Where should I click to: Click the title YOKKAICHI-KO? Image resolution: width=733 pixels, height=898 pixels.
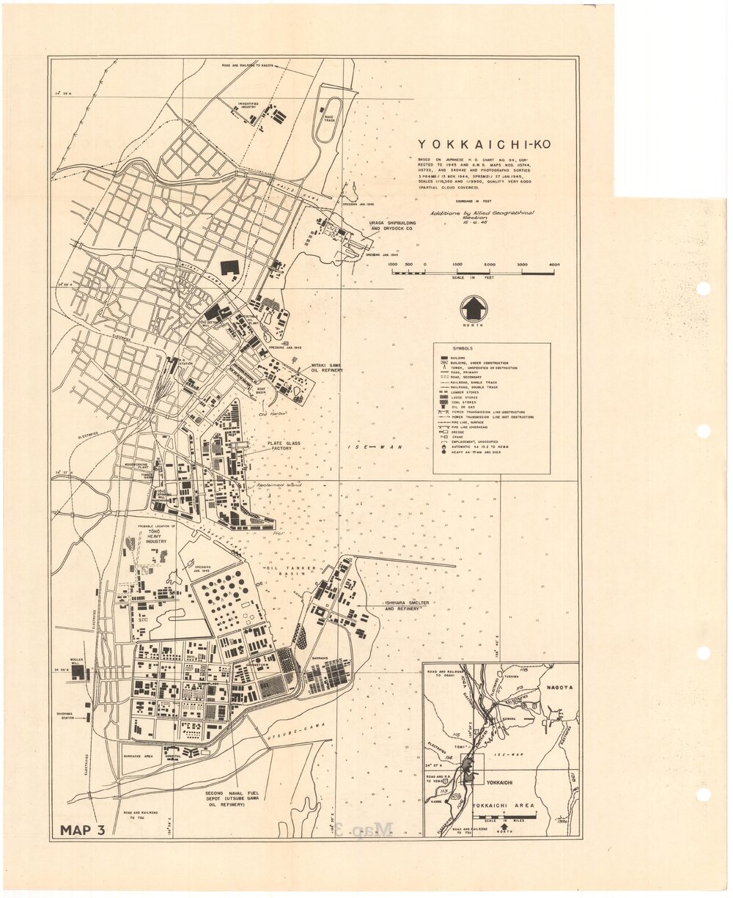pos(483,144)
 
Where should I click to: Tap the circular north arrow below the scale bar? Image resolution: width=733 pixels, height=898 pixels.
pos(474,309)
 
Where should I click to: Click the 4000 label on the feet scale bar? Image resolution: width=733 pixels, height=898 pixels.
pos(553,265)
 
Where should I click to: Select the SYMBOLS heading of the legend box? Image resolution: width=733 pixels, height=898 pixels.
pos(462,349)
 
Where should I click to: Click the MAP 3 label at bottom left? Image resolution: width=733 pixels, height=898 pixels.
pos(83,830)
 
